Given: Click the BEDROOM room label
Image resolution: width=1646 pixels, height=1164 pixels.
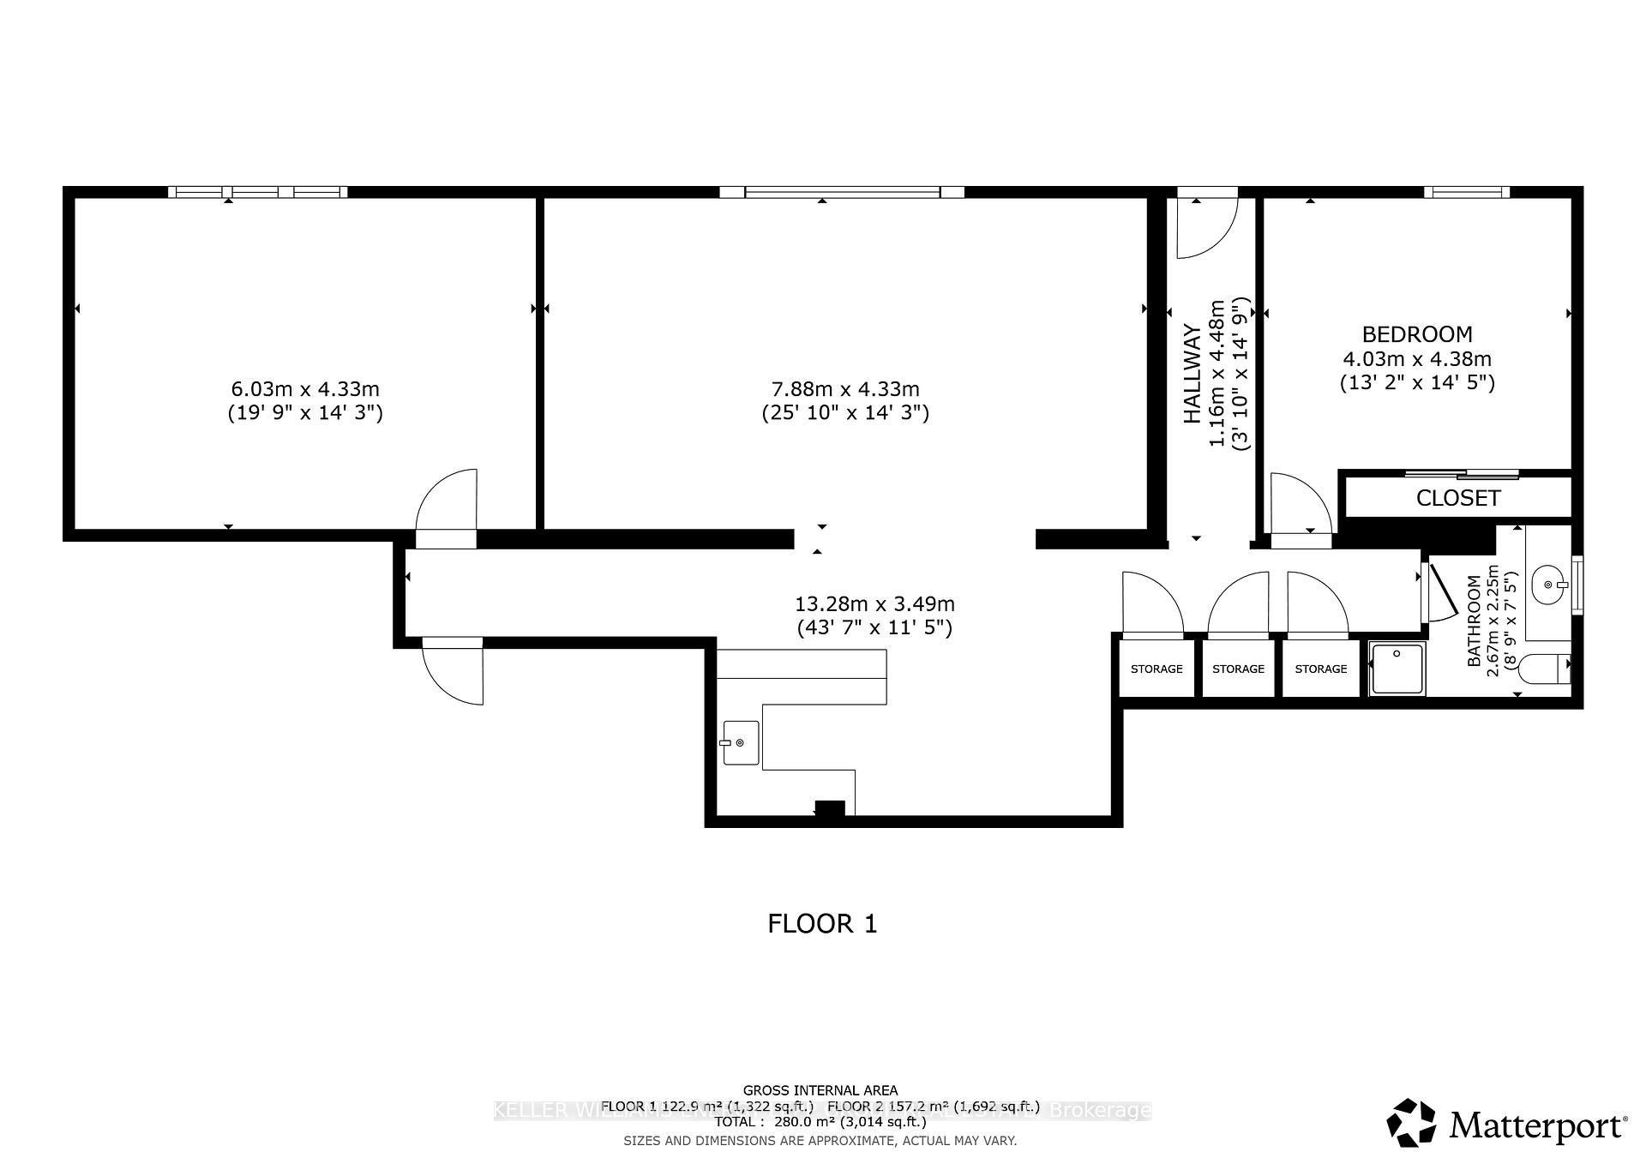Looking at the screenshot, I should click(x=1417, y=334).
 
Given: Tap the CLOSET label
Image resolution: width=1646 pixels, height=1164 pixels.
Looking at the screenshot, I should click(x=1457, y=498).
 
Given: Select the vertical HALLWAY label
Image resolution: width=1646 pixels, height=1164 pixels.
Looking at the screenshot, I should click(x=1192, y=374).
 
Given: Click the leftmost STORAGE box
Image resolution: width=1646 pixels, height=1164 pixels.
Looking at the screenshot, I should click(x=1156, y=669).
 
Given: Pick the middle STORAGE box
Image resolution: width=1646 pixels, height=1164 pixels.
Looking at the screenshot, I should click(x=1238, y=669).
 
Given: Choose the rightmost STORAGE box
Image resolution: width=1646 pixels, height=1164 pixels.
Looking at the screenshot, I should click(x=1320, y=669).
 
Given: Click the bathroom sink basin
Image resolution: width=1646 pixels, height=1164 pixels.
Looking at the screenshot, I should click(x=1549, y=585).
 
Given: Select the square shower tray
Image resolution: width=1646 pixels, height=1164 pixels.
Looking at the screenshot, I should click(x=1397, y=669).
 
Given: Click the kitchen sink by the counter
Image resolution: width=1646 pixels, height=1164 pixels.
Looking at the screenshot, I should click(x=741, y=742).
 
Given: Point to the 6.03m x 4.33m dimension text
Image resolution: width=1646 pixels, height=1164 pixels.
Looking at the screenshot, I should click(x=305, y=389).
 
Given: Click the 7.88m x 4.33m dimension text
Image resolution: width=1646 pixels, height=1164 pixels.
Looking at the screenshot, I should click(x=845, y=389).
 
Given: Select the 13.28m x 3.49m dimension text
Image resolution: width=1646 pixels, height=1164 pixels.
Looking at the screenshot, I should click(x=874, y=604).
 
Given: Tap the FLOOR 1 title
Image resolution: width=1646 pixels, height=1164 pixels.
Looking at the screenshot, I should click(x=822, y=924).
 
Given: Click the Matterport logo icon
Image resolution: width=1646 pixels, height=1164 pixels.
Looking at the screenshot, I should click(x=1411, y=1122).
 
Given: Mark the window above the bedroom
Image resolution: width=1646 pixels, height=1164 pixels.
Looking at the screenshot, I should click(x=1467, y=192).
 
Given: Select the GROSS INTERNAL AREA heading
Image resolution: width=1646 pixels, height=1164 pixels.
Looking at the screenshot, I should click(x=820, y=1090).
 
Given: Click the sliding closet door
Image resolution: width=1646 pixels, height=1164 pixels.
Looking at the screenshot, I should click(x=1462, y=474).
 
